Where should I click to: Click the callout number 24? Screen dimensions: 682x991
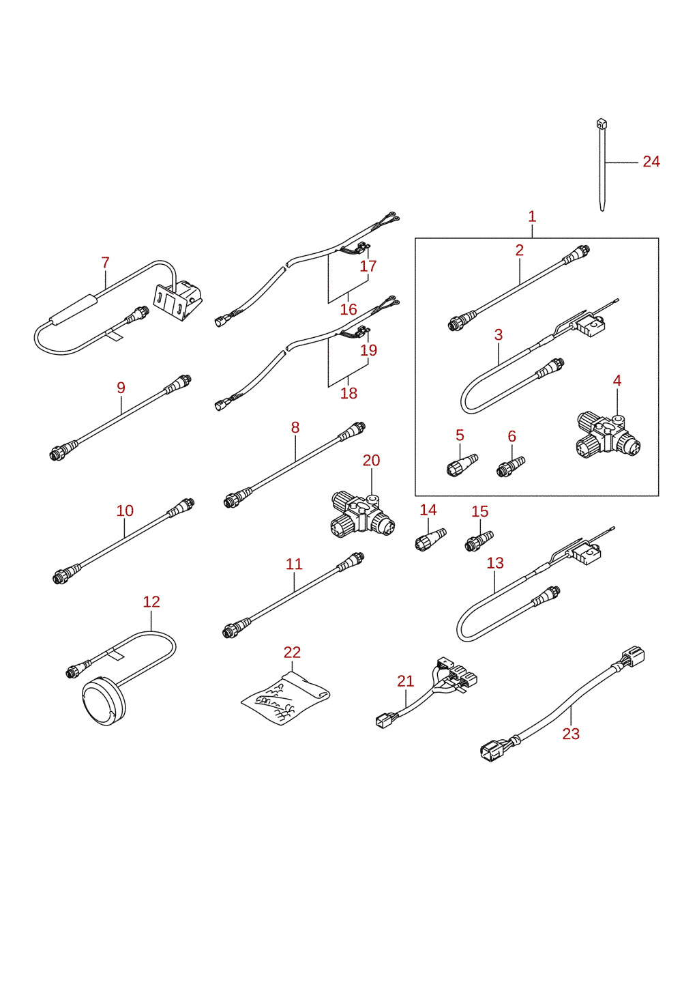pos(651,162)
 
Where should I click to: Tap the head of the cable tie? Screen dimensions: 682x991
pos(602,124)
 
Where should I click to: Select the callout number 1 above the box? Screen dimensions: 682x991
pos(532,217)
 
